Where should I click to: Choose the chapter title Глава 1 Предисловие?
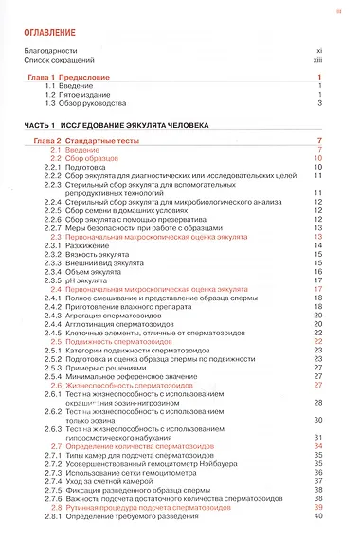coord(70,78)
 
